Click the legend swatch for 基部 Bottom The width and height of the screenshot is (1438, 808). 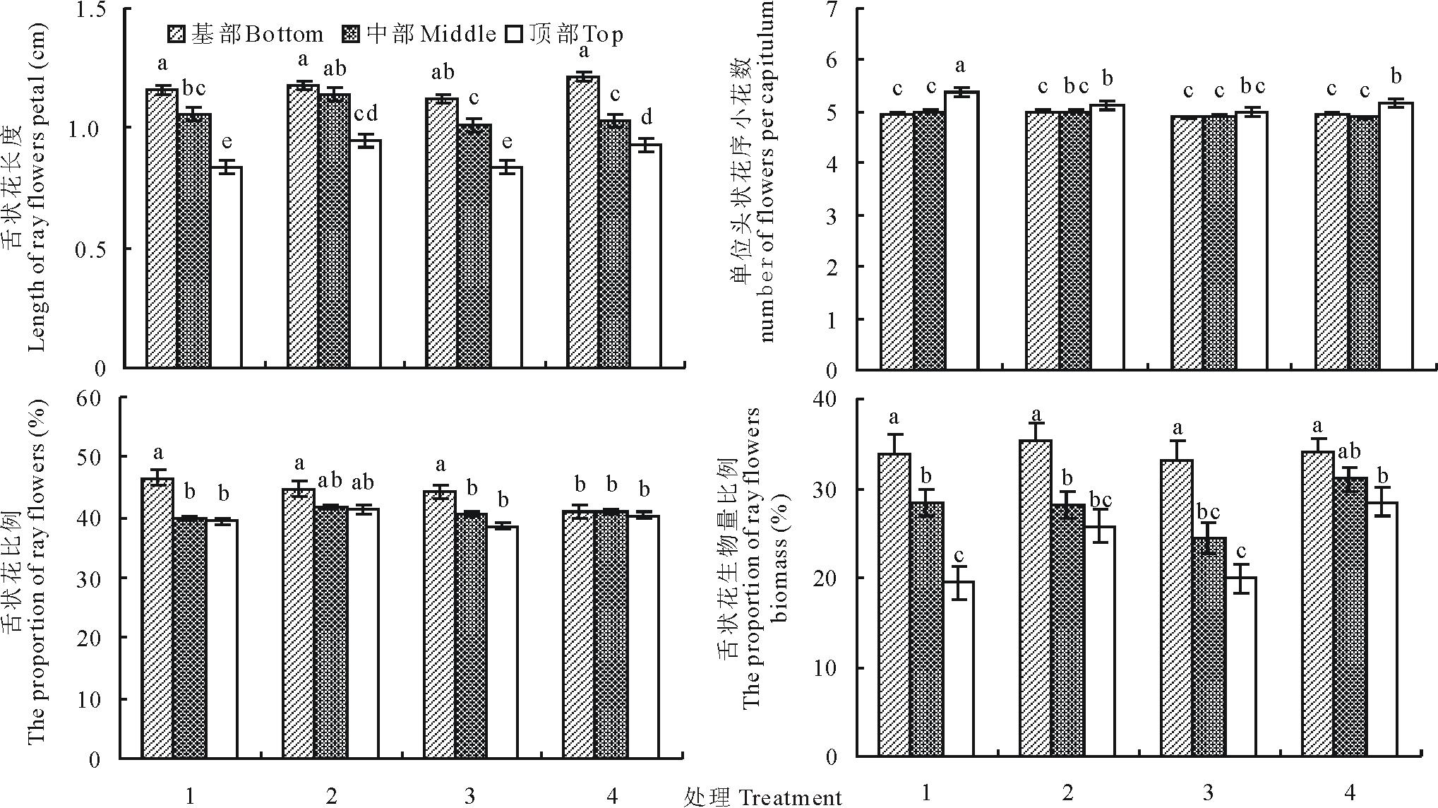176,33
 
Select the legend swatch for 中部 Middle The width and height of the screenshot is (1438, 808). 351,33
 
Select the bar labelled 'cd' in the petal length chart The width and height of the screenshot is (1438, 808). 366,254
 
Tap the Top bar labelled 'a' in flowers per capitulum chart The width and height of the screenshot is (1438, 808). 961,230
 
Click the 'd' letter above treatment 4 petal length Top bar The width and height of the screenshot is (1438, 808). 646,117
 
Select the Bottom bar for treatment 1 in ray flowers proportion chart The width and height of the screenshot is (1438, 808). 157,618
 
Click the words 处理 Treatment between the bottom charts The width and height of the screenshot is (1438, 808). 763,797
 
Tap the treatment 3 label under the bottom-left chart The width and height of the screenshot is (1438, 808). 470,797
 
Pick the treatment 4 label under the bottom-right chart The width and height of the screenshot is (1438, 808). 1350,793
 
